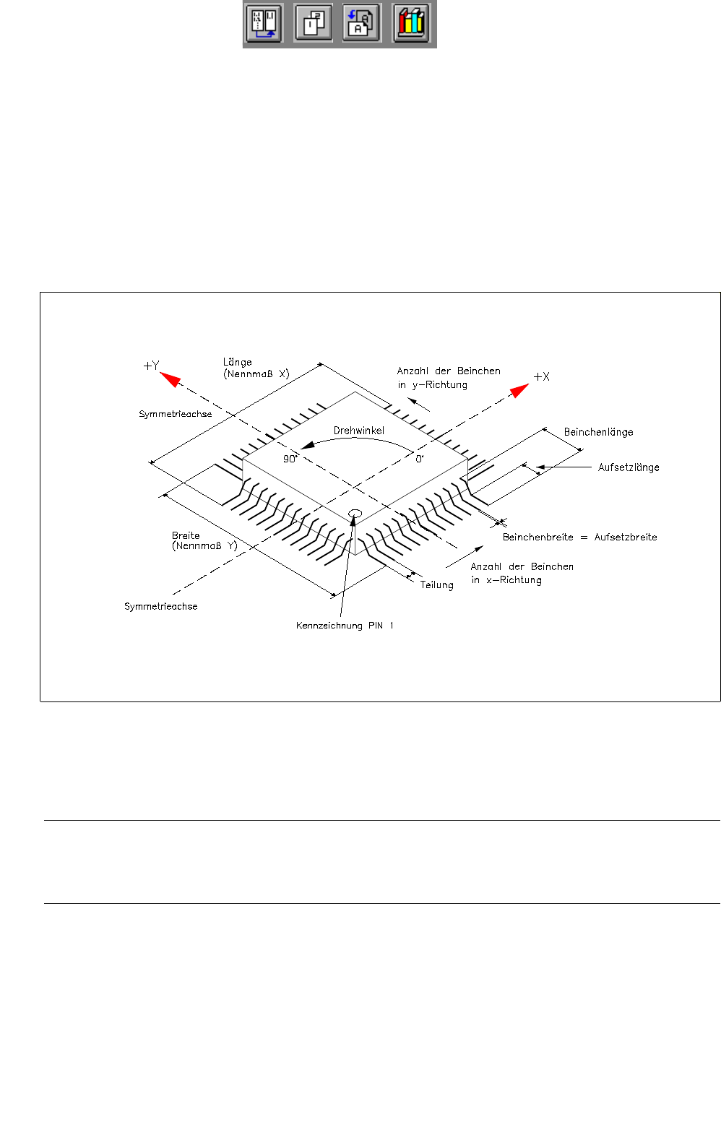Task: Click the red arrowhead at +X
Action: [x=519, y=390]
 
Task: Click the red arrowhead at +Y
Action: [x=170, y=379]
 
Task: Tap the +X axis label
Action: [x=541, y=376]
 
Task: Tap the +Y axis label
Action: [x=151, y=366]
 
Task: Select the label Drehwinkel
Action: [x=358, y=431]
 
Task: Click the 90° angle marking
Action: [x=290, y=459]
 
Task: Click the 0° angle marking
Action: [x=419, y=459]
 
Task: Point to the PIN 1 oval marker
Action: [x=355, y=513]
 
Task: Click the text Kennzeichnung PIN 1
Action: [x=345, y=626]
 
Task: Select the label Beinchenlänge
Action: [x=598, y=432]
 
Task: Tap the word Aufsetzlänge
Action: [x=628, y=467]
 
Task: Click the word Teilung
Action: [x=436, y=585]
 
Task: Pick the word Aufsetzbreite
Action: [x=626, y=537]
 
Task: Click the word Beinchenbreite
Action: [x=537, y=537]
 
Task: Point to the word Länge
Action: [x=238, y=362]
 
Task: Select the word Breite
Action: [x=186, y=535]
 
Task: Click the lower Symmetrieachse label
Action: [x=160, y=607]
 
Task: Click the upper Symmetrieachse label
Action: [x=176, y=415]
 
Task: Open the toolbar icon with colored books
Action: [x=411, y=24]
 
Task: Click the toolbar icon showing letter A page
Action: [x=361, y=24]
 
